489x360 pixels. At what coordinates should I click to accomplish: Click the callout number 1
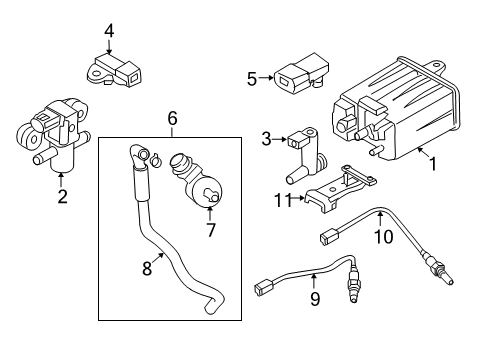[433, 160]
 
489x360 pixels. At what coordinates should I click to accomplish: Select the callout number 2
[62, 197]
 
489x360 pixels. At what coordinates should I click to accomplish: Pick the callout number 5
[252, 75]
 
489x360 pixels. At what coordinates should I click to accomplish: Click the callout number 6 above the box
[172, 118]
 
